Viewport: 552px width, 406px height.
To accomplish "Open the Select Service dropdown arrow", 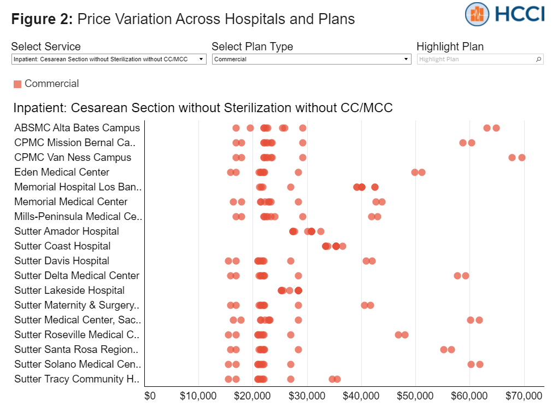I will coord(201,59).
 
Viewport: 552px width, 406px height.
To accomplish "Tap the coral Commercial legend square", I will coord(17,84).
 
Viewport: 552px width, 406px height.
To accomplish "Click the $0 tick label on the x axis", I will coord(150,395).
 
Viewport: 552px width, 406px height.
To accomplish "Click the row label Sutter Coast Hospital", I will coord(62,246).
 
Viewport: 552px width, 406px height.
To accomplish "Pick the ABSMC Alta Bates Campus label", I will coord(77,128).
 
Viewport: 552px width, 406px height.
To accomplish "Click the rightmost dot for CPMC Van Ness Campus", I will coord(522,158).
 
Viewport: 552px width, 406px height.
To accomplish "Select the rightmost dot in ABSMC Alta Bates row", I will coord(496,128).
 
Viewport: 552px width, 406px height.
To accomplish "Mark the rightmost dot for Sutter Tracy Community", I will coord(337,379).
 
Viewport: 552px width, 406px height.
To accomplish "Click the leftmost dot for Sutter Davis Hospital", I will coord(228,261).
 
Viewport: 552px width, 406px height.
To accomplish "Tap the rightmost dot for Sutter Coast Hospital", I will coord(343,246).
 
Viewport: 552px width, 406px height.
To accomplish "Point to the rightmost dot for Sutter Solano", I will coord(480,364).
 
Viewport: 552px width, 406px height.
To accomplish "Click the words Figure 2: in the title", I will coord(42,19).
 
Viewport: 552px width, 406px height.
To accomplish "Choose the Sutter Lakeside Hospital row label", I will coord(69,291).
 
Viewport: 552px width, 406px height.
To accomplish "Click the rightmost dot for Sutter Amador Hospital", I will coord(321,231).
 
